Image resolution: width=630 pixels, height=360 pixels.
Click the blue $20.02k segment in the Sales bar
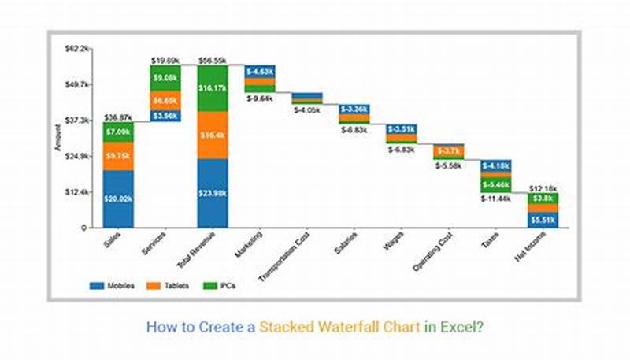point(117,199)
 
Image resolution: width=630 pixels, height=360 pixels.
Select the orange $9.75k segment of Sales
point(117,156)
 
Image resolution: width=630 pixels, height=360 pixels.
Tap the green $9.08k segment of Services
point(165,78)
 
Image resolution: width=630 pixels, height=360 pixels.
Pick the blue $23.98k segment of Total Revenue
point(213,194)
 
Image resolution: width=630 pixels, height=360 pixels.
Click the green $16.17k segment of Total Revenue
point(213,88)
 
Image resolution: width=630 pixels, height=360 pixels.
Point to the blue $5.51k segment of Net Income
point(543,220)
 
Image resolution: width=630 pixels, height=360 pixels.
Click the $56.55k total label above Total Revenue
point(213,59)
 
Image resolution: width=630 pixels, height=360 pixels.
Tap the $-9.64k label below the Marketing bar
point(259,98)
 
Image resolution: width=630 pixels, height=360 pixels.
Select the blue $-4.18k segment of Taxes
point(496,165)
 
